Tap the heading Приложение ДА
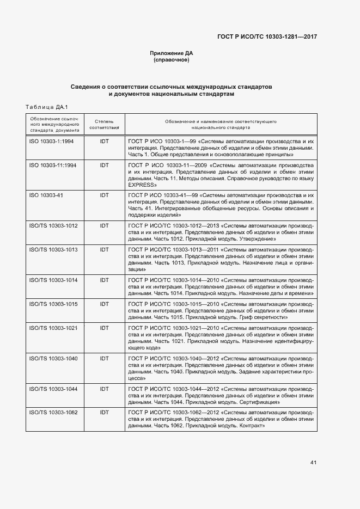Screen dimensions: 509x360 (x=172, y=53)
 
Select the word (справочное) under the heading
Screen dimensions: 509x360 (x=172, y=60)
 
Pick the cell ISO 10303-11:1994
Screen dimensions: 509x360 (x=53, y=164)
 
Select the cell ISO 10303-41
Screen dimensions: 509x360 (x=46, y=194)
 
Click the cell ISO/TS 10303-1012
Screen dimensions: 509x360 (x=53, y=225)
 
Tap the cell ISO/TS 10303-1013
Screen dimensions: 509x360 (x=53, y=249)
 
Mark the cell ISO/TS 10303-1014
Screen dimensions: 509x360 (x=53, y=280)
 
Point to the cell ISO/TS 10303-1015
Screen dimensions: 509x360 (x=53, y=303)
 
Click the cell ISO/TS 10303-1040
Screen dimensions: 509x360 (x=53, y=358)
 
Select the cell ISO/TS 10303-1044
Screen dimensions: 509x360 (x=53, y=389)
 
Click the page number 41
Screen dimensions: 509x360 (x=313, y=463)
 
